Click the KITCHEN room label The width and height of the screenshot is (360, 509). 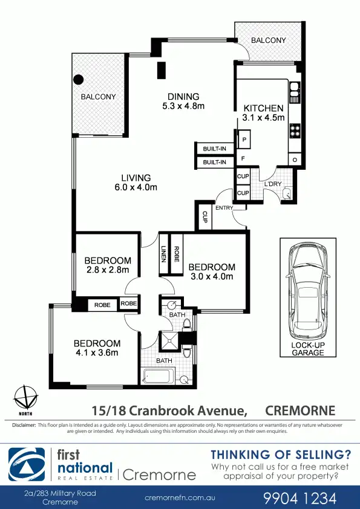click(x=263, y=108)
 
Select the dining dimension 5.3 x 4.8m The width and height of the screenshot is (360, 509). click(x=183, y=106)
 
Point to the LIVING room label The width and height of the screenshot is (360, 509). click(x=136, y=178)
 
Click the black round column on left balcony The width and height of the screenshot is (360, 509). click(x=78, y=79)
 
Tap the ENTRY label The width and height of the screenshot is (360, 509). click(x=224, y=208)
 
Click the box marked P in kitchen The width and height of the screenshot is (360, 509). click(x=244, y=140)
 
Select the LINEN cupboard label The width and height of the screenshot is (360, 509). click(x=163, y=254)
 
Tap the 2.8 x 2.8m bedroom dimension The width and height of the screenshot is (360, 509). click(x=107, y=270)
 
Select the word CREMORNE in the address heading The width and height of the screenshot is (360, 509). click(x=301, y=410)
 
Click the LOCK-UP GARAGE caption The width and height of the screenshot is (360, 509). click(x=308, y=349)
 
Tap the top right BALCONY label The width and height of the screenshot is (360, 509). click(x=268, y=41)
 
